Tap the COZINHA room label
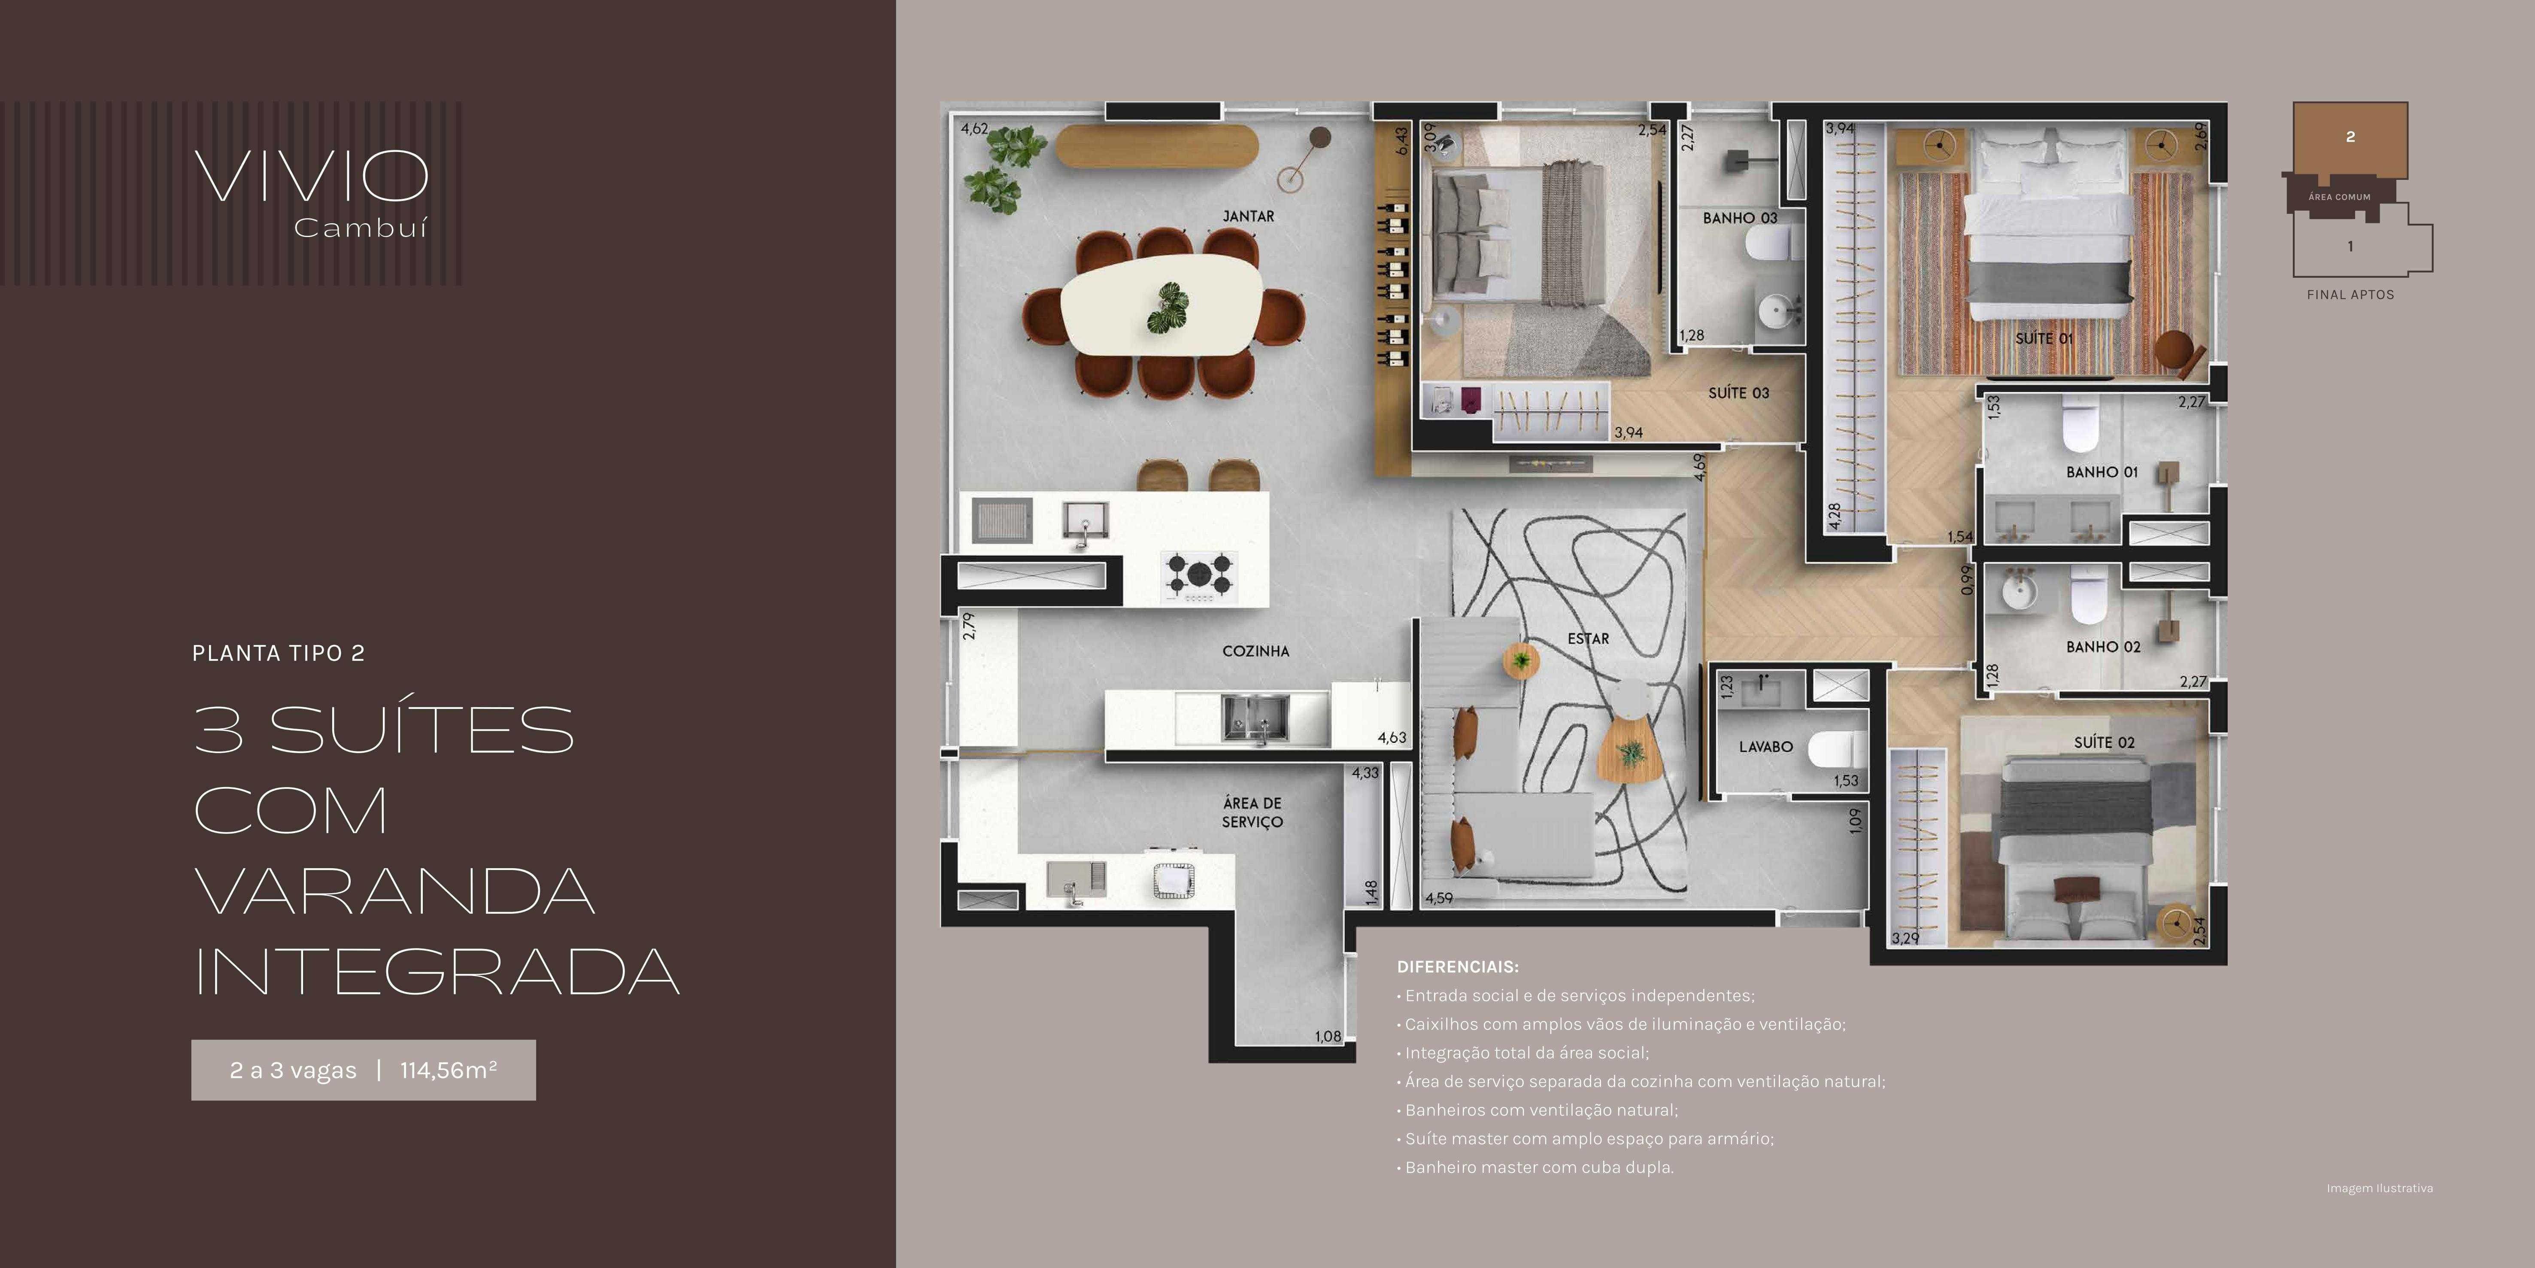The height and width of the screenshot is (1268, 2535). point(1255,651)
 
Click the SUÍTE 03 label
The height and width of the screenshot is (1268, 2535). point(1739,393)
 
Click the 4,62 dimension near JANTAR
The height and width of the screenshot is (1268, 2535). point(974,129)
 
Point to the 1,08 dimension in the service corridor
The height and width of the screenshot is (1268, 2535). point(1328,1036)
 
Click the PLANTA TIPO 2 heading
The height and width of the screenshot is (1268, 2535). point(279,654)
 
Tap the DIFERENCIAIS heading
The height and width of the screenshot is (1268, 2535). point(1457,967)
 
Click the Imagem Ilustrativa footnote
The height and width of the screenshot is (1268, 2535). point(2380,1188)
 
